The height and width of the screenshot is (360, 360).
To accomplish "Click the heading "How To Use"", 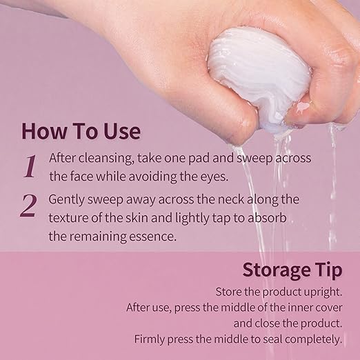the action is click(81, 131).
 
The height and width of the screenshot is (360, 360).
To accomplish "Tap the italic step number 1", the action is click(30, 166).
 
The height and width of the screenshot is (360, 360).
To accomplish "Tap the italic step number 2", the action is click(28, 206).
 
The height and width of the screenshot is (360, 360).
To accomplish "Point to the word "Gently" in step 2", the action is click(67, 200).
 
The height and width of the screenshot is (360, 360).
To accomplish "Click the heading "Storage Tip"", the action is click(292, 270).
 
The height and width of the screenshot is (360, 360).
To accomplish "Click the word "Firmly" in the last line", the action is click(150, 339).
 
